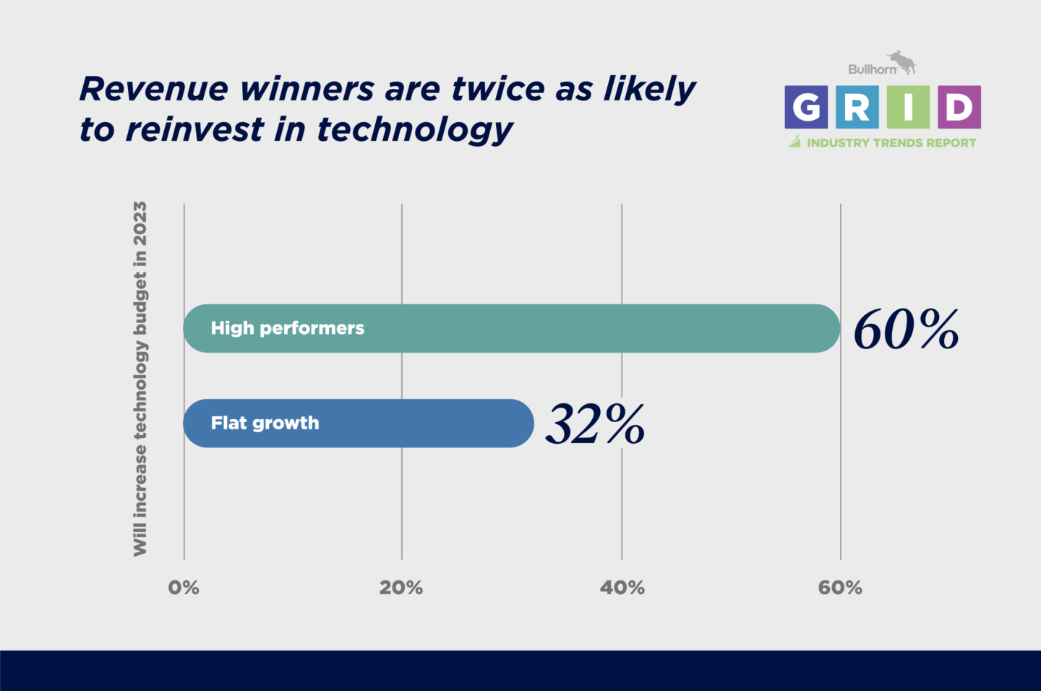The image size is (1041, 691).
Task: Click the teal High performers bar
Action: [x=512, y=329]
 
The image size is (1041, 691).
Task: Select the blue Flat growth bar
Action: [x=359, y=424]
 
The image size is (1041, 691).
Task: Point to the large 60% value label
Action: [x=907, y=330]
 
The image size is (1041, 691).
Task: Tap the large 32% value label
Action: [x=596, y=424]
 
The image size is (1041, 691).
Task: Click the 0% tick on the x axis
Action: [x=184, y=588]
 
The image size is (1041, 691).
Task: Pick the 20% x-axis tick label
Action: [x=401, y=588]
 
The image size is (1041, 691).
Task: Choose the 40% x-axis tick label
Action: [x=622, y=588]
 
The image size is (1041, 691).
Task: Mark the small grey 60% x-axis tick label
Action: [x=840, y=588]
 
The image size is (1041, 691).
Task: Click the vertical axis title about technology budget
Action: [x=140, y=379]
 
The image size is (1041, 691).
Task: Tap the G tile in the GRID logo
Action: [x=806, y=107]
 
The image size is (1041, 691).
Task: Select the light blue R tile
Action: [x=857, y=107]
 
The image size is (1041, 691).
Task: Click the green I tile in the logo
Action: [x=908, y=107]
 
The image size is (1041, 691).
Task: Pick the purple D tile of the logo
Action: [x=959, y=107]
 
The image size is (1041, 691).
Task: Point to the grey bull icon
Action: [x=901, y=62]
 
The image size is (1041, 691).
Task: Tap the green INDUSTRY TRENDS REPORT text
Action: [x=891, y=142]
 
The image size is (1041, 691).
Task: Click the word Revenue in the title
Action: [x=154, y=89]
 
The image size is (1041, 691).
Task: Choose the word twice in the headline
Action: [x=497, y=89]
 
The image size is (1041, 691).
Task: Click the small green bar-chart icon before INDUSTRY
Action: [x=794, y=142]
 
